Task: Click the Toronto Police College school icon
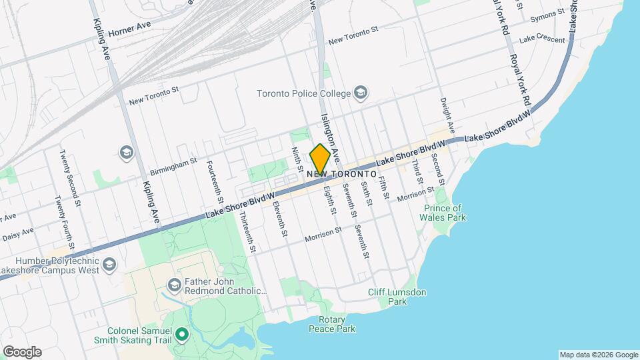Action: pyautogui.click(x=361, y=93)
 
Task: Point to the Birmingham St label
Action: pyautogui.click(x=173, y=165)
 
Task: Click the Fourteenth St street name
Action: pyautogui.click(x=215, y=181)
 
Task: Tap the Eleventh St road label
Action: pyautogui.click(x=280, y=218)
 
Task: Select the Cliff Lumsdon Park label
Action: pyautogui.click(x=397, y=297)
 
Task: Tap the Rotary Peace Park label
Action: pyautogui.click(x=332, y=324)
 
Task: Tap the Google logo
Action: pyautogui.click(x=22, y=351)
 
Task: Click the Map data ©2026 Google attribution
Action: pyautogui.click(x=598, y=355)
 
